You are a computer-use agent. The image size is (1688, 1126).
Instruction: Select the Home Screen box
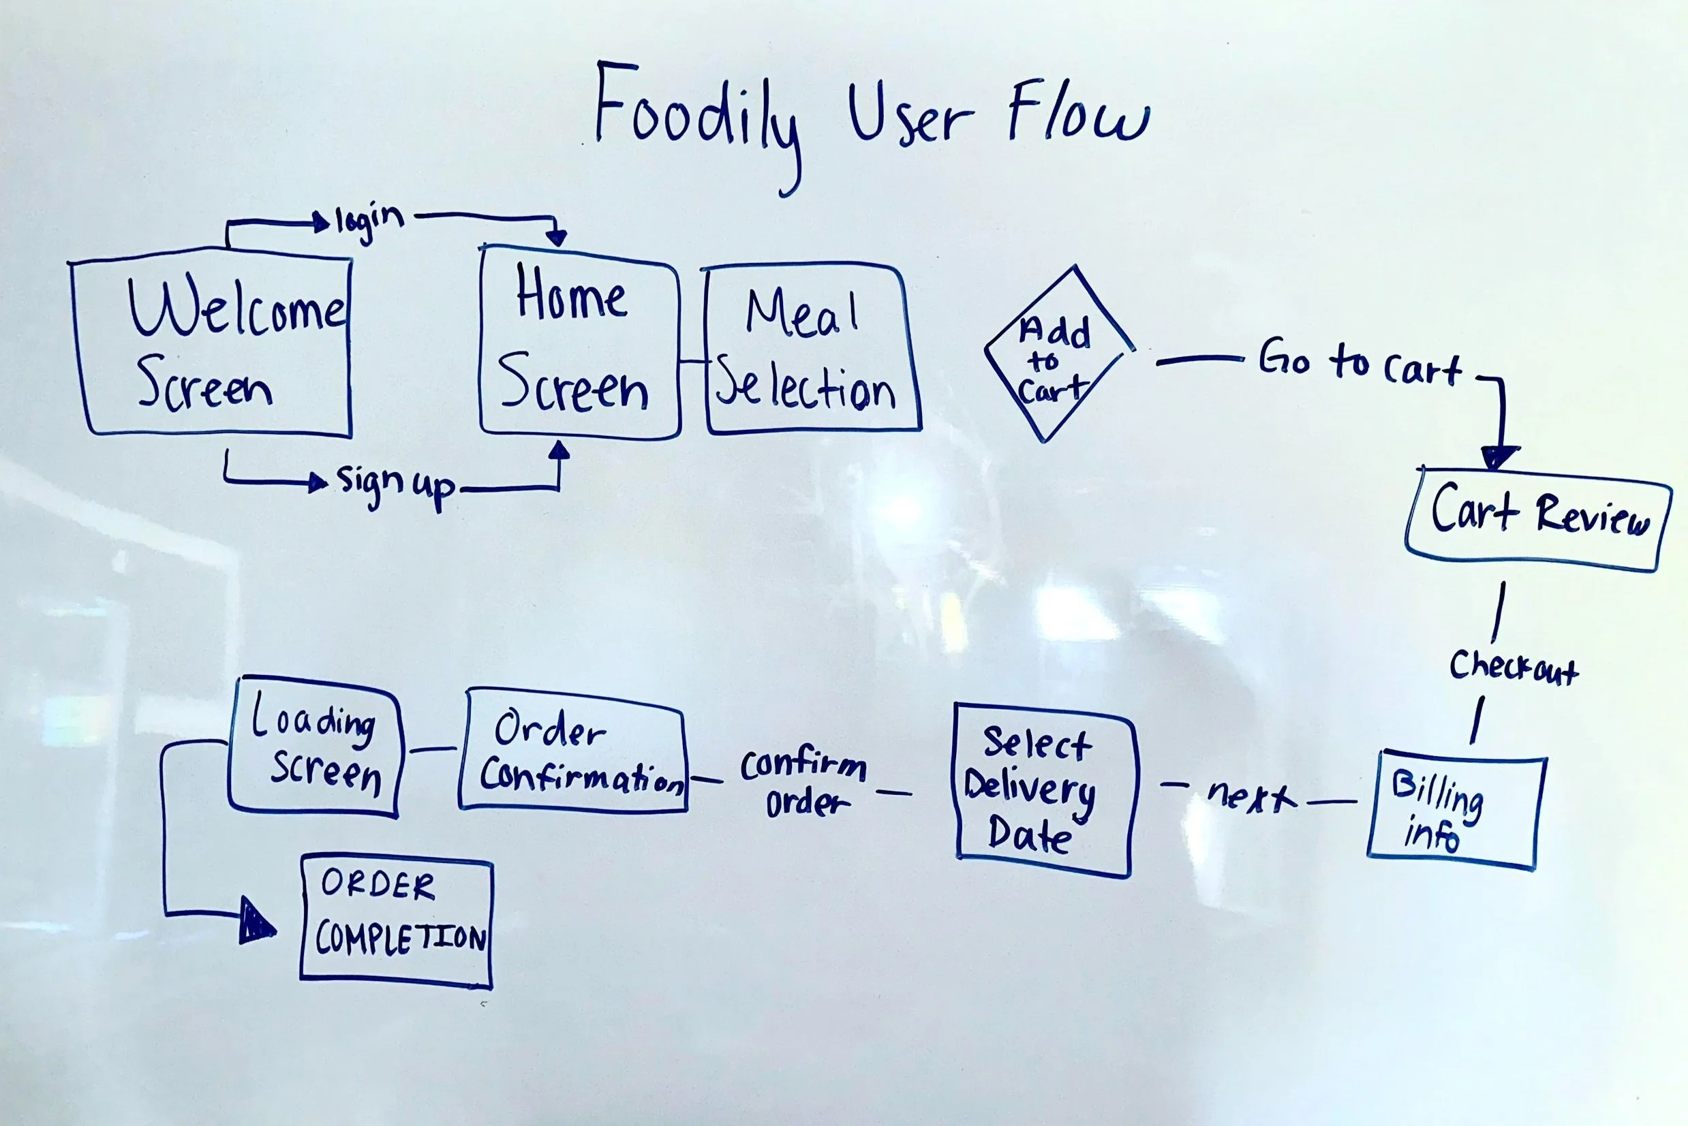[x=579, y=343]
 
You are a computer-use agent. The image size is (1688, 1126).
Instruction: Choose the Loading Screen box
[x=315, y=747]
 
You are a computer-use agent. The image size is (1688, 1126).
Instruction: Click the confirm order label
[x=803, y=783]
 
